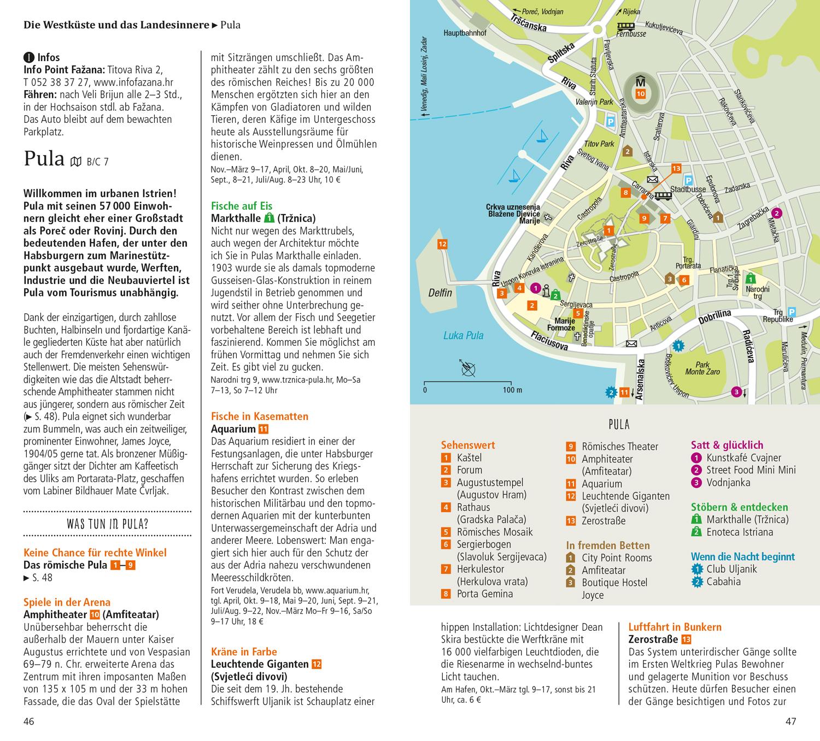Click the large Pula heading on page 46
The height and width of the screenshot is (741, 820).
(x=44, y=158)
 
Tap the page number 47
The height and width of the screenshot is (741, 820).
(x=790, y=721)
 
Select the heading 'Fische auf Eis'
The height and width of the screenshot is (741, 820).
(x=241, y=206)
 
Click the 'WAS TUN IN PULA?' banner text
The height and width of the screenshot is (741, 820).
(x=107, y=525)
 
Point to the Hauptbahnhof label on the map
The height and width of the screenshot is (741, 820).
(x=465, y=33)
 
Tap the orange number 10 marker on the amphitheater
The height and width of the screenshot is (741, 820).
(x=641, y=94)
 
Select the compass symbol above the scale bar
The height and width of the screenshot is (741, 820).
(x=468, y=369)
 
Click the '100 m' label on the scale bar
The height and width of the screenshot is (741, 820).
(x=512, y=390)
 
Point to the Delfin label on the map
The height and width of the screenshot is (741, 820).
(x=440, y=293)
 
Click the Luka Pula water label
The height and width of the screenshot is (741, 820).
(x=463, y=335)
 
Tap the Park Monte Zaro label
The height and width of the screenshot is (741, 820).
(x=702, y=369)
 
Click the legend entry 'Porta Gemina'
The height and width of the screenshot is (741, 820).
(x=484, y=594)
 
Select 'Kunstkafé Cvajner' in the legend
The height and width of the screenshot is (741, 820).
(x=743, y=458)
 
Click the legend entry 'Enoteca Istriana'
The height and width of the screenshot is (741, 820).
(x=739, y=532)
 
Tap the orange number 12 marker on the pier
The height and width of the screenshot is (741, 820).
(x=442, y=244)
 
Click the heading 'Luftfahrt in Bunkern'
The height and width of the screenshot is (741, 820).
(x=675, y=627)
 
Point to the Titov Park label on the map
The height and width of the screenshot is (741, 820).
(x=599, y=144)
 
